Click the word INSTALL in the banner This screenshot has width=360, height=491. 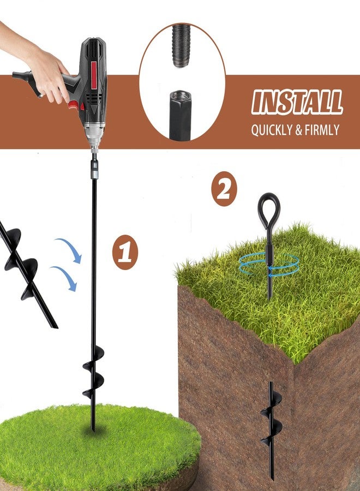(297, 102)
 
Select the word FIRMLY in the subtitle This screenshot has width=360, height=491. (321, 130)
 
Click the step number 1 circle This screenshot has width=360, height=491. (125, 252)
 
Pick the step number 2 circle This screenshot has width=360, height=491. (224, 189)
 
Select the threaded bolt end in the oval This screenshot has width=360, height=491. (181, 46)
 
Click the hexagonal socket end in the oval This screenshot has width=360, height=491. (180, 115)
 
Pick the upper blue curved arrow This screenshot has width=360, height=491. (71, 247)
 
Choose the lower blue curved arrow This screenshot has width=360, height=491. (67, 276)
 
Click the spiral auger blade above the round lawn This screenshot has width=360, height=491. (93, 372)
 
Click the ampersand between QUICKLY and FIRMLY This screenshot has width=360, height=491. (298, 130)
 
